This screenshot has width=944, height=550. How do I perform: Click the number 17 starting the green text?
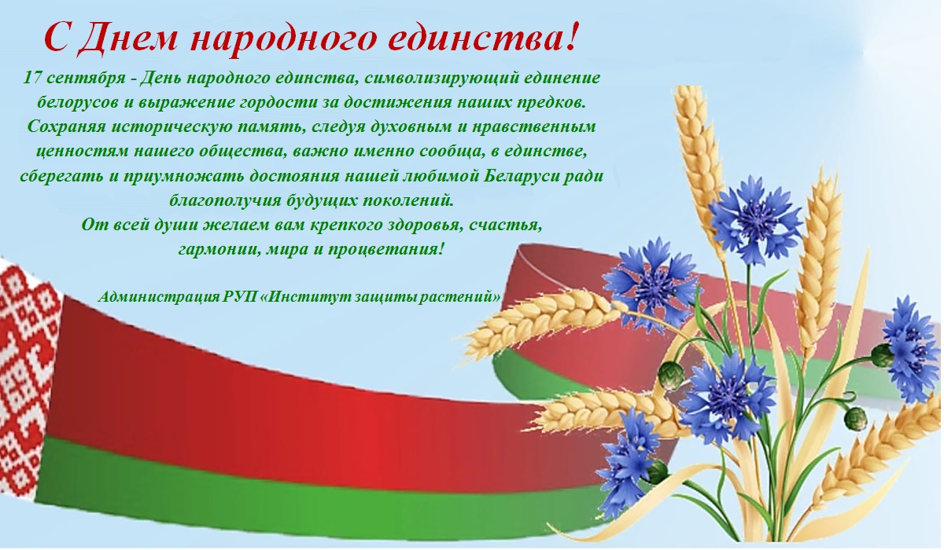pos(31,78)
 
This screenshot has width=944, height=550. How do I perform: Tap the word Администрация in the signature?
pos(159,298)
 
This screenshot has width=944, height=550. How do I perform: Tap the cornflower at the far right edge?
pos(910,350)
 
